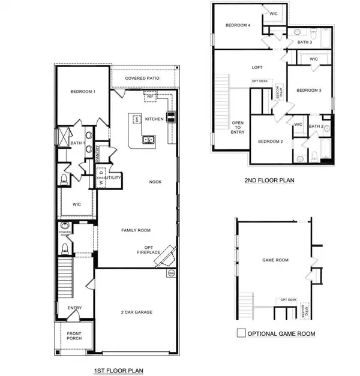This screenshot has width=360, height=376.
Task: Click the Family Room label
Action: [136, 230]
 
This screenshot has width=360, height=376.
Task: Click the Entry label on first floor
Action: [74, 308]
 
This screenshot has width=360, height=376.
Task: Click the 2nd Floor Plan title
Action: [269, 179]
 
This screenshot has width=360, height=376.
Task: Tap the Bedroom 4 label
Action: [238, 25]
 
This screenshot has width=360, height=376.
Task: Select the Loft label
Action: [257, 67]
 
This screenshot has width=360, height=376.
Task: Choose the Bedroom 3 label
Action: [310, 90]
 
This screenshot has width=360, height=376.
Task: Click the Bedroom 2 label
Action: [270, 142]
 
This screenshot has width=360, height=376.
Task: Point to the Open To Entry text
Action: [238, 127]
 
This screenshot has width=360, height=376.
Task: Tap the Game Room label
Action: [275, 260]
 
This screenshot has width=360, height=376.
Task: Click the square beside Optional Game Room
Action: [241, 333]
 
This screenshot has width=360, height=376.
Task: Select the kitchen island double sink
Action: [147, 140]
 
